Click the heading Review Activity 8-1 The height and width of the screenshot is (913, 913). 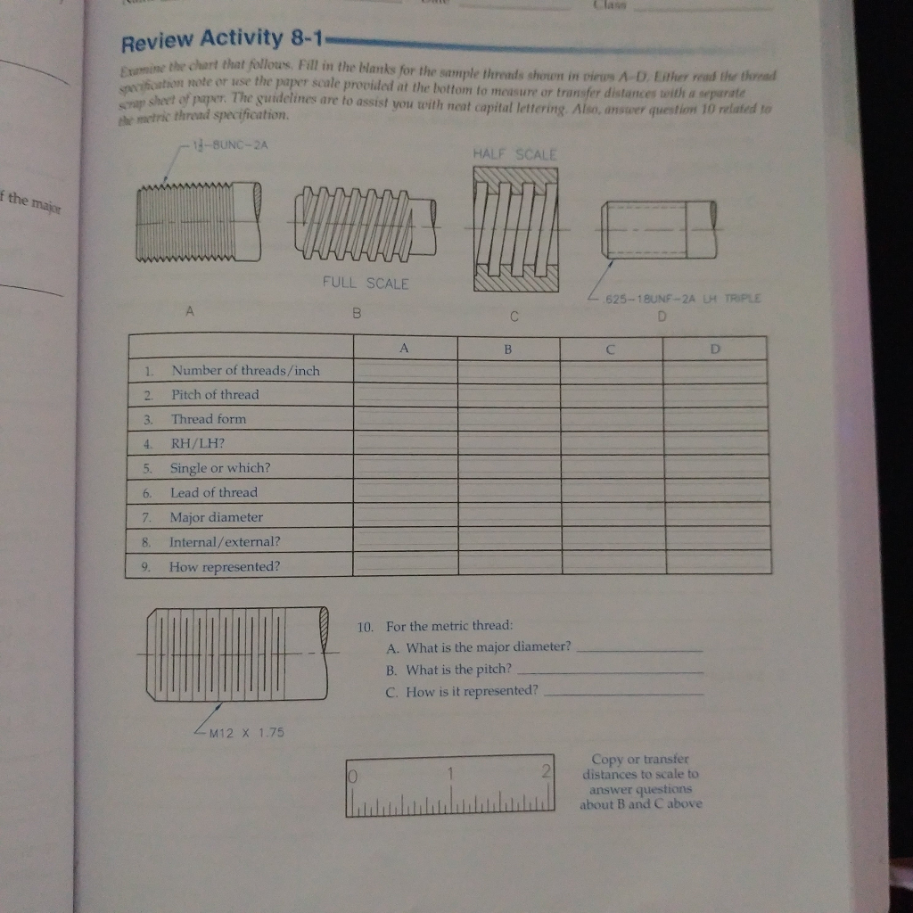tap(224, 39)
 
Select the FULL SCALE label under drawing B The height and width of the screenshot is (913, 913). tap(366, 284)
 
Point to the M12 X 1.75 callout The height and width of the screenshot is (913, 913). tap(246, 732)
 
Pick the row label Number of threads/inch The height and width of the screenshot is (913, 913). tap(245, 370)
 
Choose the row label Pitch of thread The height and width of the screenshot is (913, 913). tap(215, 394)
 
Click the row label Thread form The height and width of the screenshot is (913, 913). tap(209, 418)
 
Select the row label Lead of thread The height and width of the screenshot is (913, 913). tap(214, 492)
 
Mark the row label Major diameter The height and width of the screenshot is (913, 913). tap(217, 517)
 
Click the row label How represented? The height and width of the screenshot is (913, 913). tap(224, 566)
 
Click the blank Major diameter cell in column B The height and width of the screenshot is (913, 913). tap(508, 514)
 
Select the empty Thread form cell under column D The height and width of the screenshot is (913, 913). tap(716, 418)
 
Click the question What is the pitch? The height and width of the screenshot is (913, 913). tap(458, 669)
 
